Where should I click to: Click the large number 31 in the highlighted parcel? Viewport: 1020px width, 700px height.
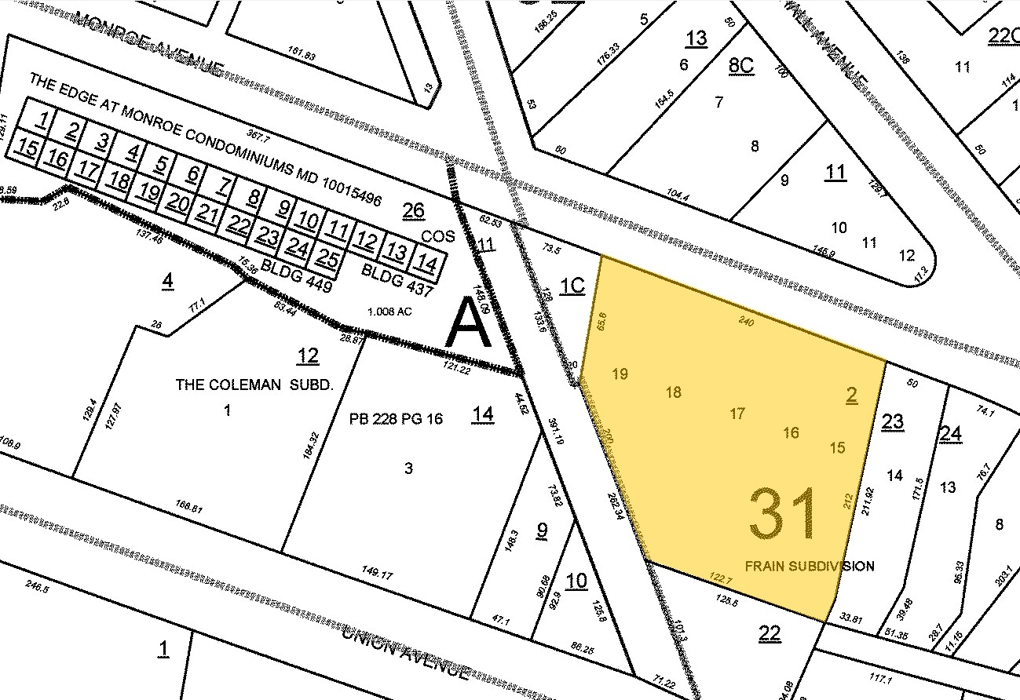point(784,515)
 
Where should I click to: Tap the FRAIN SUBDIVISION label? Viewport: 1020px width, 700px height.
point(809,566)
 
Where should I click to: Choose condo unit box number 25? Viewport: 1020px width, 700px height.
point(329,257)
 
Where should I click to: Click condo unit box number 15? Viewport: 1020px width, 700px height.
point(27,148)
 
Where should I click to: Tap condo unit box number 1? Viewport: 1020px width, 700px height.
point(44,120)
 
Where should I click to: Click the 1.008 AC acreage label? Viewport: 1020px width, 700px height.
point(389,312)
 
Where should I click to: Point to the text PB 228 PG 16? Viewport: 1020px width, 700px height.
point(397,419)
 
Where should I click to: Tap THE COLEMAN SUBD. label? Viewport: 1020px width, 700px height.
point(254,385)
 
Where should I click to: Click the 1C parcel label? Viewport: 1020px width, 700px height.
point(572,285)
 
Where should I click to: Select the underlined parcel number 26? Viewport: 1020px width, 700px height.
point(413,210)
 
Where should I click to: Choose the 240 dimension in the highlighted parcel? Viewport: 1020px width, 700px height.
point(748,320)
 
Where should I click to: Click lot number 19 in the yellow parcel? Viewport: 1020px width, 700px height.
point(620,374)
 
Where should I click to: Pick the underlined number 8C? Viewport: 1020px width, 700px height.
point(740,64)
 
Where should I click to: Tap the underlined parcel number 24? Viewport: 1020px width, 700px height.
point(950,433)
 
